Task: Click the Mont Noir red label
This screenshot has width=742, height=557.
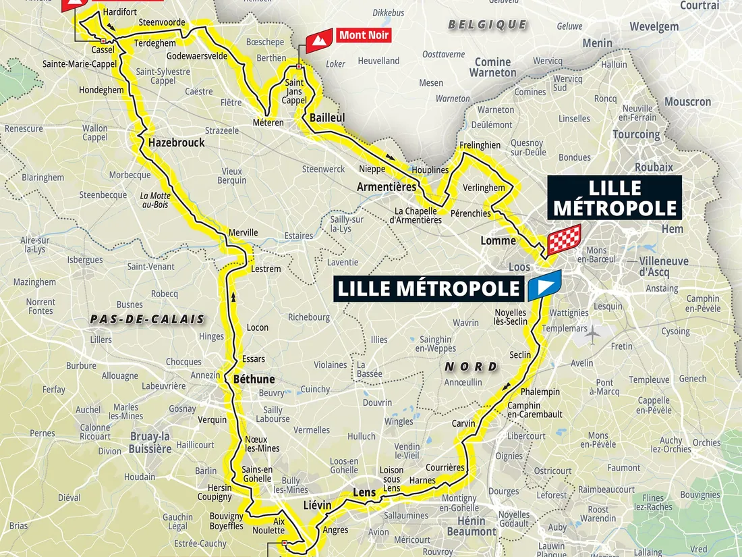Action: click(x=364, y=35)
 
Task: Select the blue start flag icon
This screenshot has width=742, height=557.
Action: click(x=544, y=286)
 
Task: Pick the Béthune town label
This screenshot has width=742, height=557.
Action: click(x=254, y=379)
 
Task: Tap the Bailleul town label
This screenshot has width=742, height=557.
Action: click(x=327, y=117)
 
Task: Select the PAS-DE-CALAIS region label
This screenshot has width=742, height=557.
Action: click(x=146, y=319)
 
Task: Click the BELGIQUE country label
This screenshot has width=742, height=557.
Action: click(x=487, y=24)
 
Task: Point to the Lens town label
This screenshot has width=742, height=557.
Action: click(x=364, y=492)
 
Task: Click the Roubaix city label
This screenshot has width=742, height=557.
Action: click(x=653, y=167)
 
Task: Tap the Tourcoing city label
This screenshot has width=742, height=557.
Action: click(x=636, y=134)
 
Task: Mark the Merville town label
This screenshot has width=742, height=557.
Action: click(x=244, y=232)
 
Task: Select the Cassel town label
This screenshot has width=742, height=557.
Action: click(x=102, y=49)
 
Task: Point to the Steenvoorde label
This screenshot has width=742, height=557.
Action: click(x=162, y=22)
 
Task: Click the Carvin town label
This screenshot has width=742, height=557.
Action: click(x=463, y=423)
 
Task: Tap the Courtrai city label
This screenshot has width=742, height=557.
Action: click(x=700, y=5)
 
